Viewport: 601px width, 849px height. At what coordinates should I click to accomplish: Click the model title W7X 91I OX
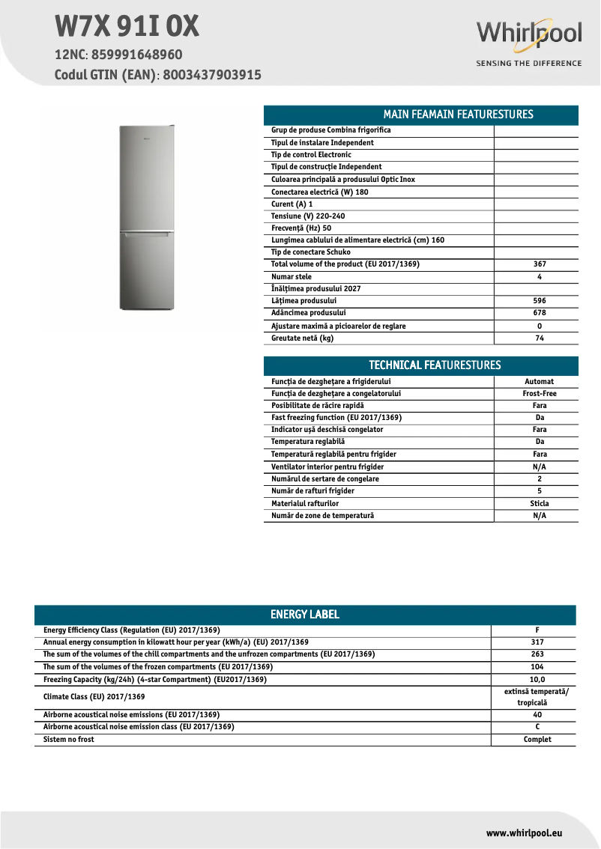click(127, 27)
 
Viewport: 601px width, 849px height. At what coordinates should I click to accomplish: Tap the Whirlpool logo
click(529, 34)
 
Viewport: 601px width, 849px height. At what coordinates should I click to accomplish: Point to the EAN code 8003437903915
click(211, 75)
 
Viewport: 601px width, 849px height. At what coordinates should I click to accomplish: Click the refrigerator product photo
click(147, 217)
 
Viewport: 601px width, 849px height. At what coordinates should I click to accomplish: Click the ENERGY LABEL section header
click(305, 615)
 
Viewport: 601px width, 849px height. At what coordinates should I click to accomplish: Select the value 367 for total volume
click(540, 264)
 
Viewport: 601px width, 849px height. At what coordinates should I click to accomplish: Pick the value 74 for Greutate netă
click(540, 338)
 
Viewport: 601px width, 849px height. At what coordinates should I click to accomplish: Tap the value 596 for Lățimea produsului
click(540, 301)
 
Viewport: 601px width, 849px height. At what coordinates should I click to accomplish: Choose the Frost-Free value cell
click(540, 394)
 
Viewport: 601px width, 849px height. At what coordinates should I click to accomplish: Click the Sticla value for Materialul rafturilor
click(540, 504)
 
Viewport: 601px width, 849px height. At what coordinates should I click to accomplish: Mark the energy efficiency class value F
click(537, 630)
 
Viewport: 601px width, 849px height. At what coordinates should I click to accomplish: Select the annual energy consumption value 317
click(537, 642)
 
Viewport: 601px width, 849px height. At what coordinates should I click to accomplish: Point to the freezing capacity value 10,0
click(537, 680)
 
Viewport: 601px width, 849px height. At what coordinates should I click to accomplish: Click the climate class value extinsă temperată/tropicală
click(537, 697)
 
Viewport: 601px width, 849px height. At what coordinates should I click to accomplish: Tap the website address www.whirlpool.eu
click(524, 833)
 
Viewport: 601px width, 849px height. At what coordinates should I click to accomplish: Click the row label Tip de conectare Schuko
click(310, 252)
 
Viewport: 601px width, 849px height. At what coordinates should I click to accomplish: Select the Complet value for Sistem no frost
click(537, 740)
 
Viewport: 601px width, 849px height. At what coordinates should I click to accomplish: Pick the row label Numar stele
click(292, 277)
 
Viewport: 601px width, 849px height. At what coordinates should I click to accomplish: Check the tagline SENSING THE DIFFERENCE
click(529, 64)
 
